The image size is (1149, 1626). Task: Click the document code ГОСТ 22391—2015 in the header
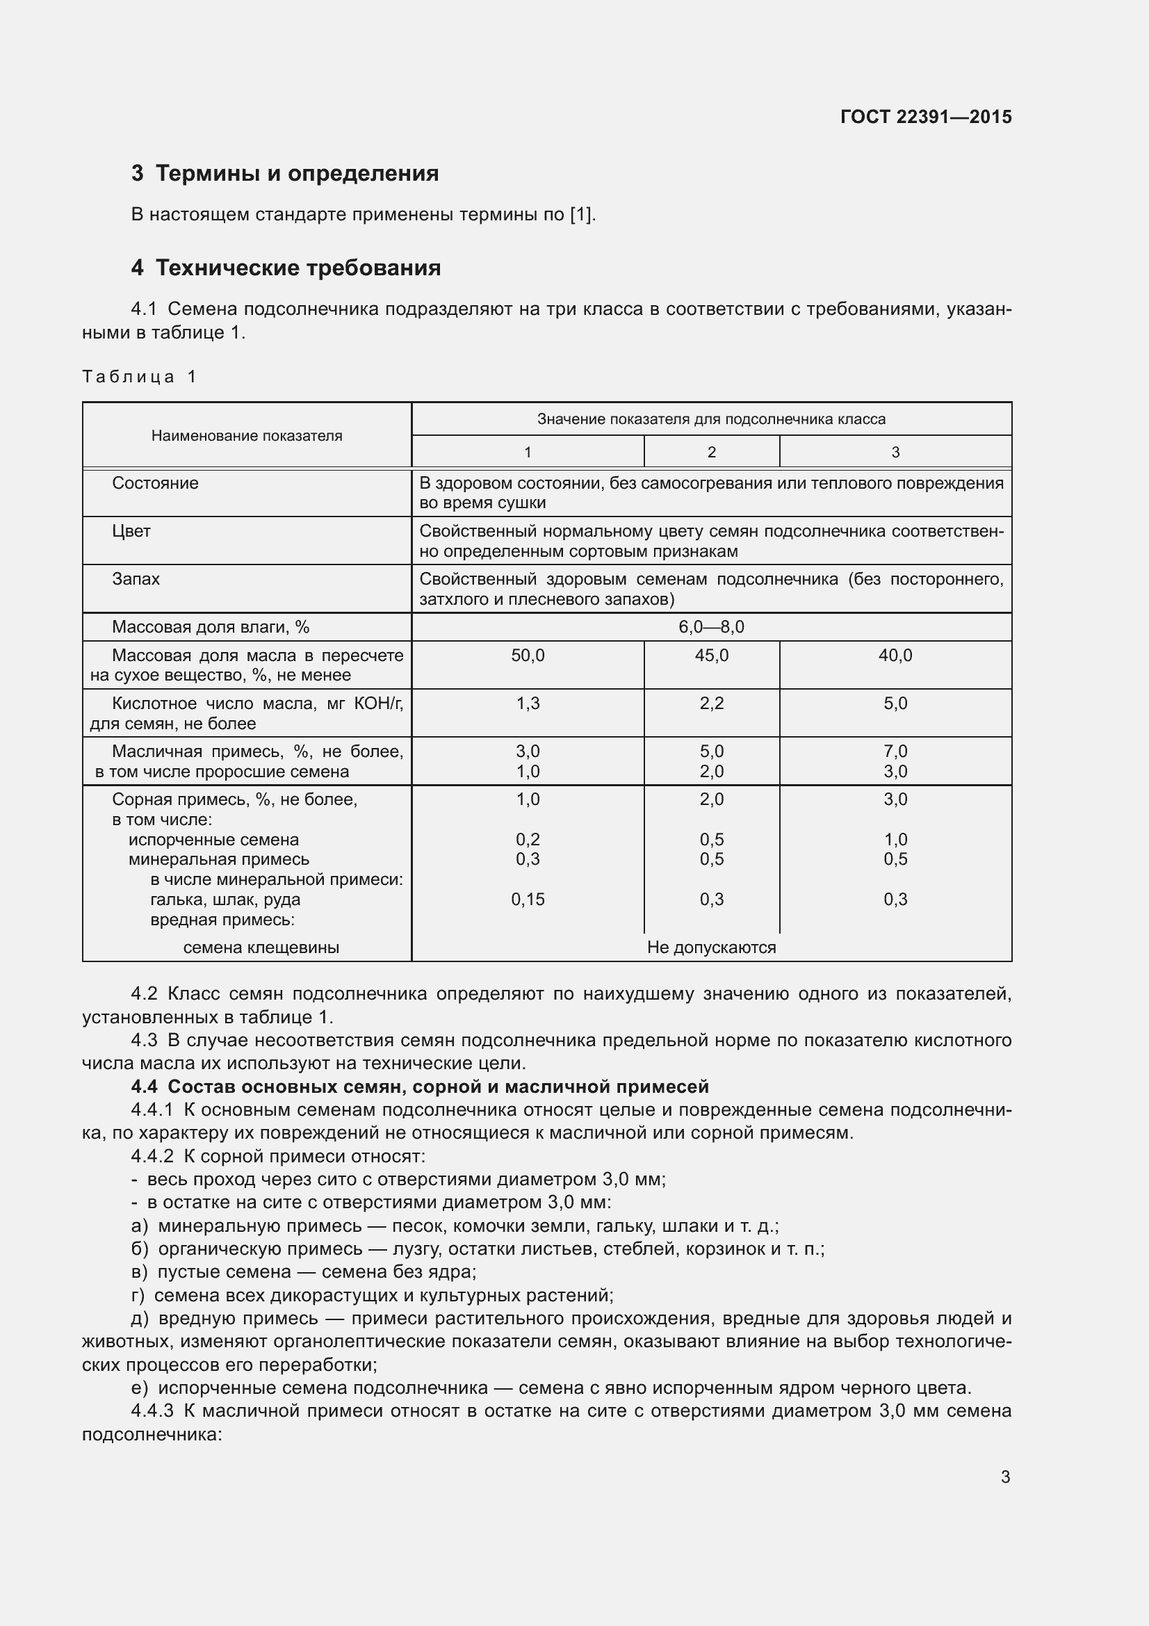[x=925, y=117]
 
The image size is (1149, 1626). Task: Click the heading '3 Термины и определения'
[x=284, y=174]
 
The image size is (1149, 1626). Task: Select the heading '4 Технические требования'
[x=285, y=268]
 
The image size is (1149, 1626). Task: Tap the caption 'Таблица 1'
[x=139, y=377]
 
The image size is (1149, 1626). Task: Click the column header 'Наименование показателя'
[x=246, y=436]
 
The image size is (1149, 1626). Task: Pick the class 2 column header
[x=711, y=452]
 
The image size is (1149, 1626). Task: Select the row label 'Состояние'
[x=155, y=483]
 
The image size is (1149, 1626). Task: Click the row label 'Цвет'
[x=131, y=531]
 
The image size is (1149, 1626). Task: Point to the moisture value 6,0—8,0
[x=711, y=627]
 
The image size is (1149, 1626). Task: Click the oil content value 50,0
[x=528, y=655]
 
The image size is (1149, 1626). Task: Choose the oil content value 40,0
[x=895, y=655]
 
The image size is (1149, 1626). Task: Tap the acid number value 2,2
[x=711, y=704]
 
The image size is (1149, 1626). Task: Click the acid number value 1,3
[x=528, y=704]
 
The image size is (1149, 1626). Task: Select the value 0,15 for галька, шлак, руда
[x=528, y=900]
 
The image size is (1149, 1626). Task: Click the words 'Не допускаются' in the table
[x=711, y=948]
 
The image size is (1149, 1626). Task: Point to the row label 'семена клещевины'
[x=261, y=948]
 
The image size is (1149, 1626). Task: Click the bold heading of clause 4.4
[x=420, y=1087]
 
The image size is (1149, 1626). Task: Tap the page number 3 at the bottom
[x=1004, y=1477]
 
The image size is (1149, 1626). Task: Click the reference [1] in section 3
[x=581, y=215]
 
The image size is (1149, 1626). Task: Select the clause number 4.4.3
[x=152, y=1410]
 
